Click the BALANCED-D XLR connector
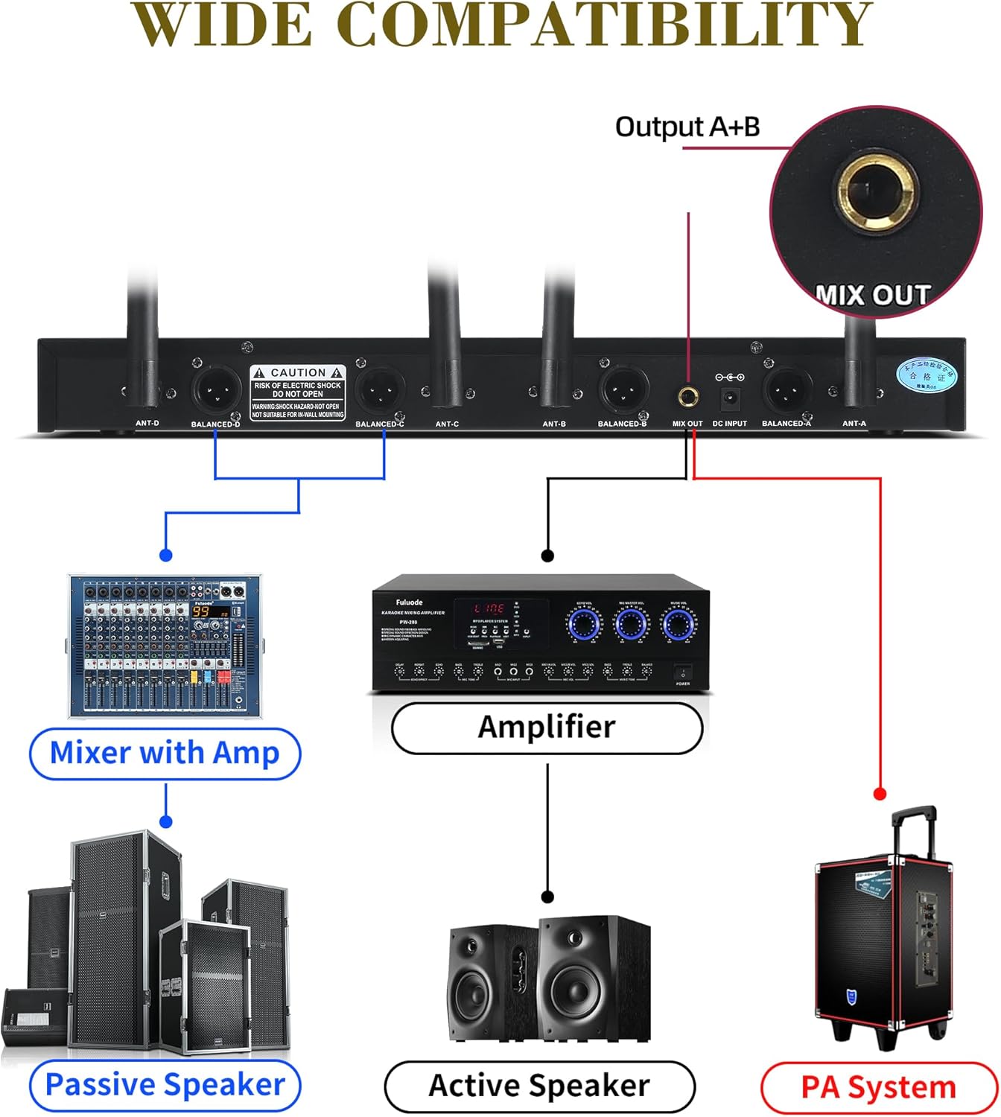(x=217, y=389)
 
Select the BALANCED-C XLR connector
(x=381, y=389)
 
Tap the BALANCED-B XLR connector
(x=623, y=389)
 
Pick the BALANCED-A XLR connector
(x=786, y=389)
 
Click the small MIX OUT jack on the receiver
(x=687, y=397)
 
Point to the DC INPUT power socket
(x=730, y=398)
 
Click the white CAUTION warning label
(x=298, y=392)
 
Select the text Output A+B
(x=687, y=127)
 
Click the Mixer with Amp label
(x=165, y=754)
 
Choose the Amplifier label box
(x=547, y=728)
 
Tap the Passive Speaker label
(x=165, y=1085)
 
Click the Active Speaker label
(x=539, y=1086)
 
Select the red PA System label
(x=878, y=1088)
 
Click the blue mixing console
(x=165, y=646)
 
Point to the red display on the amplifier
(x=489, y=608)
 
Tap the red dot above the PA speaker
(x=880, y=794)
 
